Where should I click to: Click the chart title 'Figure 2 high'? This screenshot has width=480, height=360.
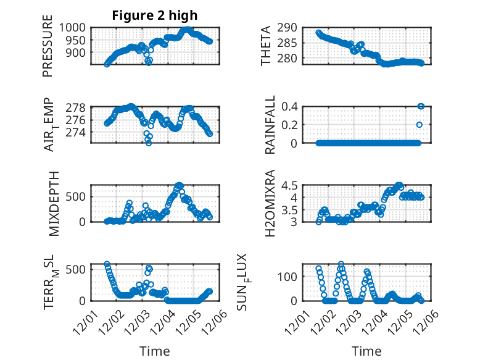click(x=154, y=15)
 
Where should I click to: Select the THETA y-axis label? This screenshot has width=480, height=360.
click(x=266, y=46)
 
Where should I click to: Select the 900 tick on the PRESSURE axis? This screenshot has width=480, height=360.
click(x=78, y=52)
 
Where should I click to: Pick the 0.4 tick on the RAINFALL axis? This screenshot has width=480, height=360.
click(x=291, y=106)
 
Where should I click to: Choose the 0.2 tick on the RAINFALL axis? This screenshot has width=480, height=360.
click(x=291, y=124)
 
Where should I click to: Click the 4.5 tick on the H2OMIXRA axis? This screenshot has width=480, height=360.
click(x=291, y=185)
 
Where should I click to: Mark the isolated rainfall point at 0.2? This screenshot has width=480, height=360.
click(x=419, y=125)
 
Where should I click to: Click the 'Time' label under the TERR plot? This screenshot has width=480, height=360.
click(x=154, y=351)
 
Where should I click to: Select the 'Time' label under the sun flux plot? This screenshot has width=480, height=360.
click(x=366, y=351)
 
